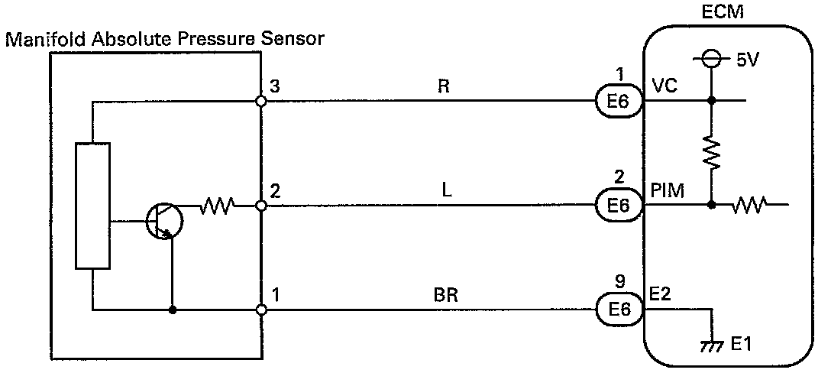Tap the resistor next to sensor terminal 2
click(x=217, y=205)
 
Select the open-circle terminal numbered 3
click(x=260, y=100)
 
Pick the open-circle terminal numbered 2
click(x=260, y=205)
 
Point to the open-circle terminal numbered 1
click(x=260, y=310)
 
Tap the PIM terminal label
click(x=668, y=190)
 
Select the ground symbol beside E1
click(x=712, y=344)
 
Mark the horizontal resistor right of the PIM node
click(x=749, y=205)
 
